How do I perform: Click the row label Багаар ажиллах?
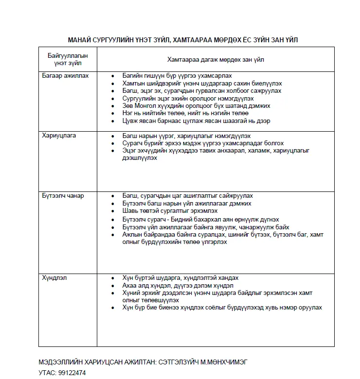click(66, 76)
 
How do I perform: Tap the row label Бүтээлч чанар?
click(63, 196)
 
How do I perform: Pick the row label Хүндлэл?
click(55, 278)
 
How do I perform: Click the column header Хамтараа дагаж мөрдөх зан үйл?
click(219, 59)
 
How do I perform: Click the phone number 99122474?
click(71, 372)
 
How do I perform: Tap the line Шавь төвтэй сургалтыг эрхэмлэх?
click(170, 211)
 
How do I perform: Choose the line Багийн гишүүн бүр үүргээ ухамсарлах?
click(178, 76)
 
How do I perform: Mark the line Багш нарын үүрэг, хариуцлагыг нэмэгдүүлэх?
click(187, 136)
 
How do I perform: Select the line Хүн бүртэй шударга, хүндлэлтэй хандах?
click(181, 278)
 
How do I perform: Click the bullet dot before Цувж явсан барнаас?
click(113, 121)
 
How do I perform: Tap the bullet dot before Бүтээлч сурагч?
click(113, 220)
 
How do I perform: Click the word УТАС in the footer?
click(47, 372)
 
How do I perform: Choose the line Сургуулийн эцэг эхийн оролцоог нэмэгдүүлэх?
click(185, 98)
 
